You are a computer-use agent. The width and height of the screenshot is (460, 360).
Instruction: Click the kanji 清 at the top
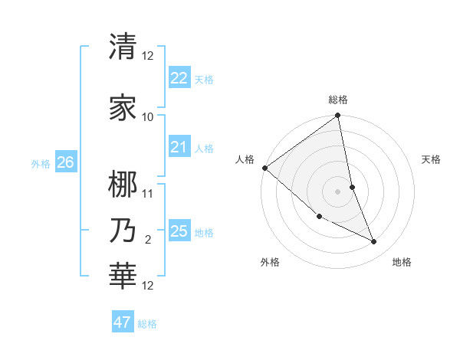[x=123, y=47]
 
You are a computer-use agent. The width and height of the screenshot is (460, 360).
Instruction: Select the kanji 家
[x=123, y=108]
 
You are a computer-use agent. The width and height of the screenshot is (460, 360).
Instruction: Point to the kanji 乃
[x=123, y=231]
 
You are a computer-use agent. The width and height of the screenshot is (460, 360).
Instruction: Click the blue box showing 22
[x=179, y=78]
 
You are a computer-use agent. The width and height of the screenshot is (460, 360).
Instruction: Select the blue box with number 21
[x=179, y=147]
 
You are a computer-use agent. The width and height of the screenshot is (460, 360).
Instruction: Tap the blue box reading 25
[x=179, y=231]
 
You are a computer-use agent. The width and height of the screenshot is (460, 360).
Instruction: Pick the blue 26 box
[x=65, y=162]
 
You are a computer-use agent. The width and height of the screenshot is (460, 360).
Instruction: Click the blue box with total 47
[x=123, y=322]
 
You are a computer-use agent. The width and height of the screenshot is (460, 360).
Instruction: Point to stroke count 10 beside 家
[x=148, y=117]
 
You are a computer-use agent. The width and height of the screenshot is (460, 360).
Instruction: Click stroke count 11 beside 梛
[x=148, y=193]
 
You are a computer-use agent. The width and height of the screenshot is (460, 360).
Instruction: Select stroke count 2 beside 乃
[x=148, y=240]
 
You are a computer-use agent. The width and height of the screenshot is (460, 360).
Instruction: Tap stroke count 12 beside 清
[x=148, y=56]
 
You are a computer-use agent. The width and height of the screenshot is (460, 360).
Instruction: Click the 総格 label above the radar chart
[x=338, y=100]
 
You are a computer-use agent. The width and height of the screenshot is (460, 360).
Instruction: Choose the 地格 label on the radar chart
[x=402, y=262]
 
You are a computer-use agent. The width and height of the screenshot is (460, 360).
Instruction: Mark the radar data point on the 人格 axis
[x=264, y=168]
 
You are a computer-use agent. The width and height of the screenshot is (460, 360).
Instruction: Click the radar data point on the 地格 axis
[x=374, y=242]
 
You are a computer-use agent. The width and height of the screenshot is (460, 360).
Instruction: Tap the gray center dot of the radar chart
[x=338, y=191]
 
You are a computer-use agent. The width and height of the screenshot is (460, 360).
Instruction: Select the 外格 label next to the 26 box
[x=41, y=163]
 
